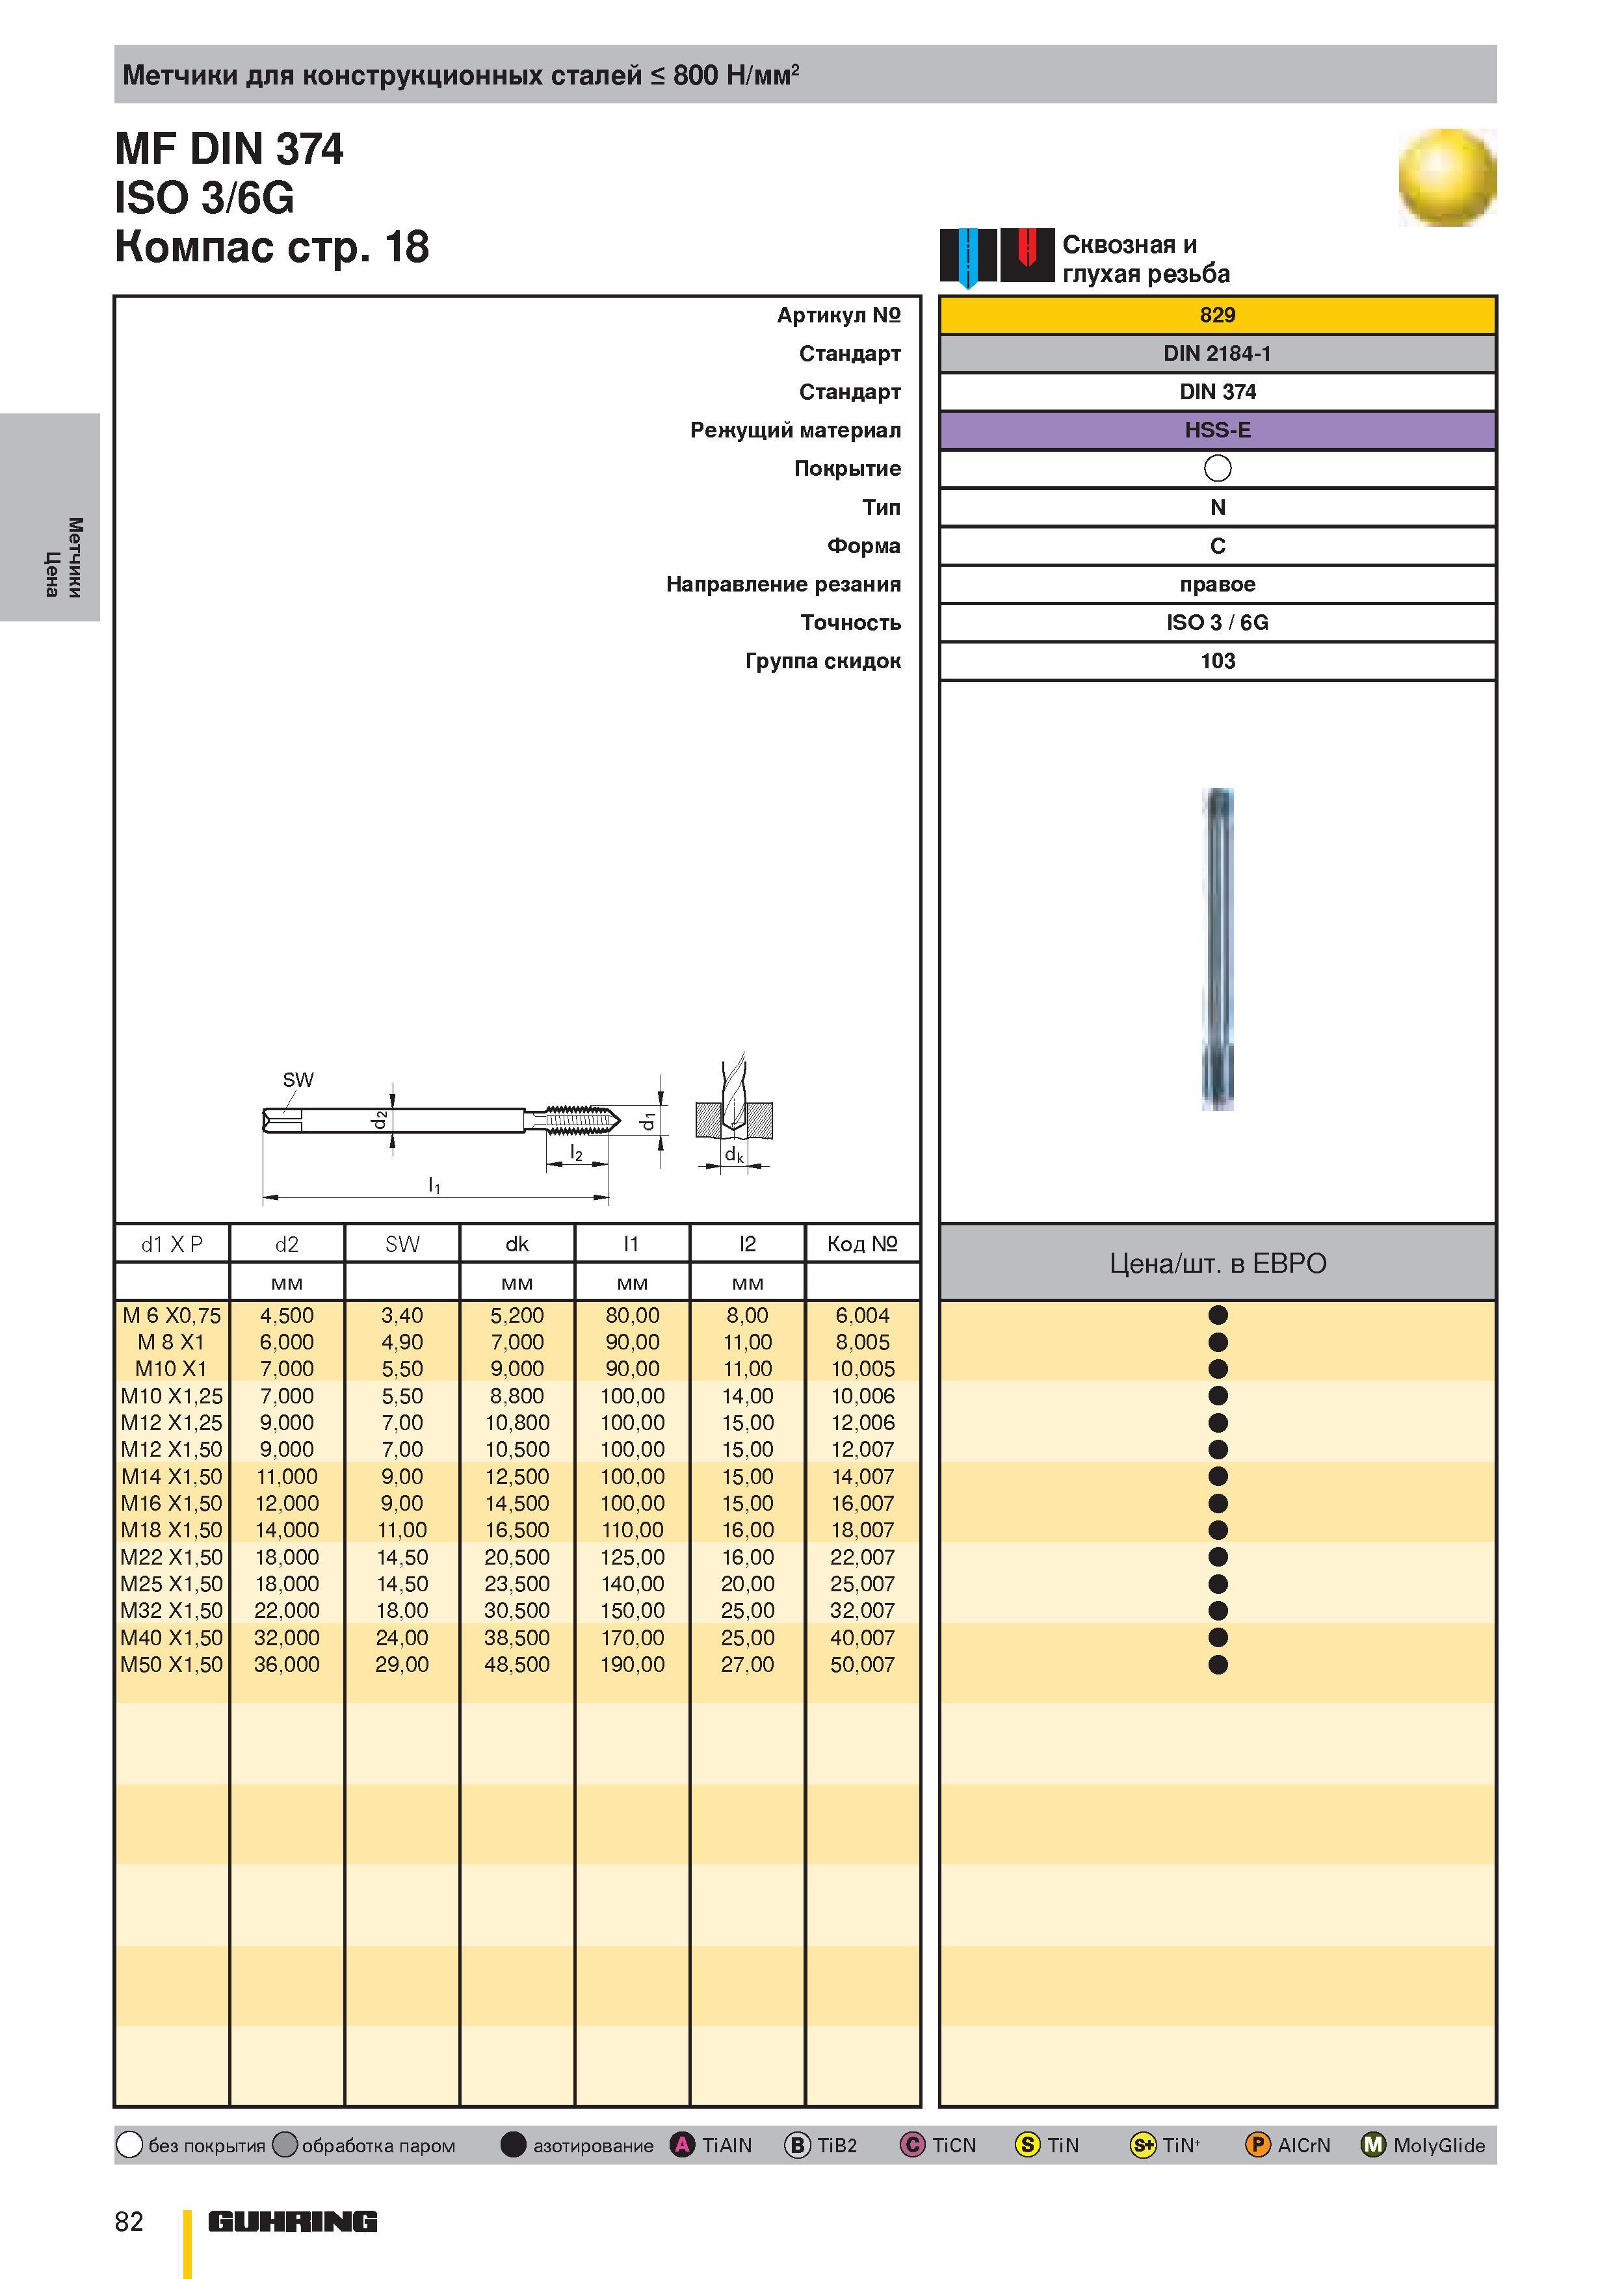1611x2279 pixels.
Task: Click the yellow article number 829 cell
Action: (x=1217, y=315)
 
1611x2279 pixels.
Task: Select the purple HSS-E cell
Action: (x=1217, y=430)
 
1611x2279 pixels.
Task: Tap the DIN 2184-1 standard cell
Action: (x=1217, y=354)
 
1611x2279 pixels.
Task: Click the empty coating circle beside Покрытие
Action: (x=1217, y=469)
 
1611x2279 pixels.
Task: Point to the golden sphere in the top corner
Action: (x=1447, y=177)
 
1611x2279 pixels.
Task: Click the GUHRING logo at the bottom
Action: (x=293, y=2221)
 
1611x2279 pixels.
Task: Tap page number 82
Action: (x=129, y=2221)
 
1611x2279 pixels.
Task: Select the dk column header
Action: (x=517, y=1244)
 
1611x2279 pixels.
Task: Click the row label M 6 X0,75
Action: (x=172, y=1315)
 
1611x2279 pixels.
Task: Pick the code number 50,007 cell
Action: (x=863, y=1665)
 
